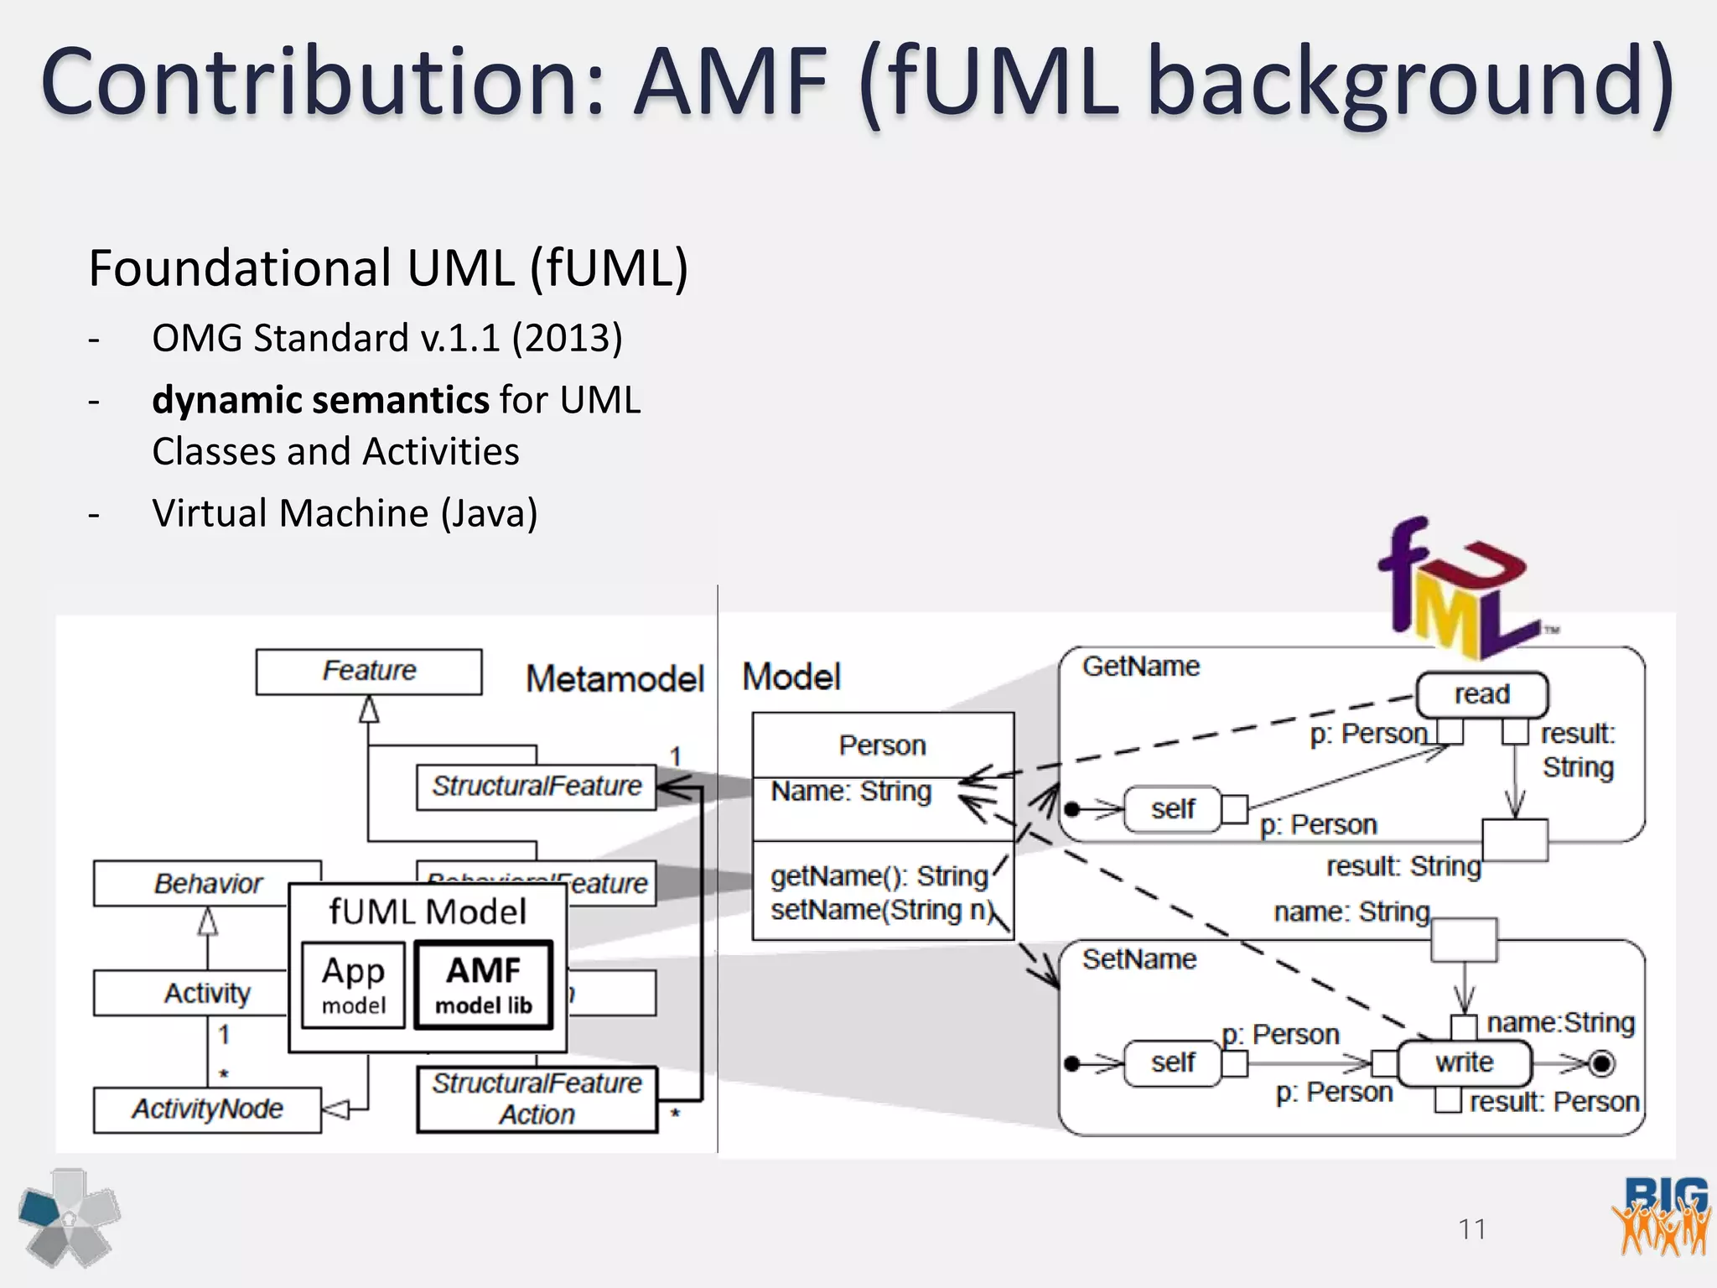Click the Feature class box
[x=369, y=671]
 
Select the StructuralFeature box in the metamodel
[x=537, y=787]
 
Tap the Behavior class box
[x=207, y=883]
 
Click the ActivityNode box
[x=207, y=1109]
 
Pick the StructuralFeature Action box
[x=537, y=1099]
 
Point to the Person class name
[x=882, y=745]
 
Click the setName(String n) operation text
[x=882, y=911]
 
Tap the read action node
[x=1481, y=694]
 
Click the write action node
[x=1464, y=1062]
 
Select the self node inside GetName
[x=1172, y=809]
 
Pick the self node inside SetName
[x=1172, y=1062]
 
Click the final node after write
[x=1601, y=1063]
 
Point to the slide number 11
[x=1472, y=1229]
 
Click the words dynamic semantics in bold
[x=320, y=400]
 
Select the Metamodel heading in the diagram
[x=615, y=678]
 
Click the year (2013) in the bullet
[x=568, y=338]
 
